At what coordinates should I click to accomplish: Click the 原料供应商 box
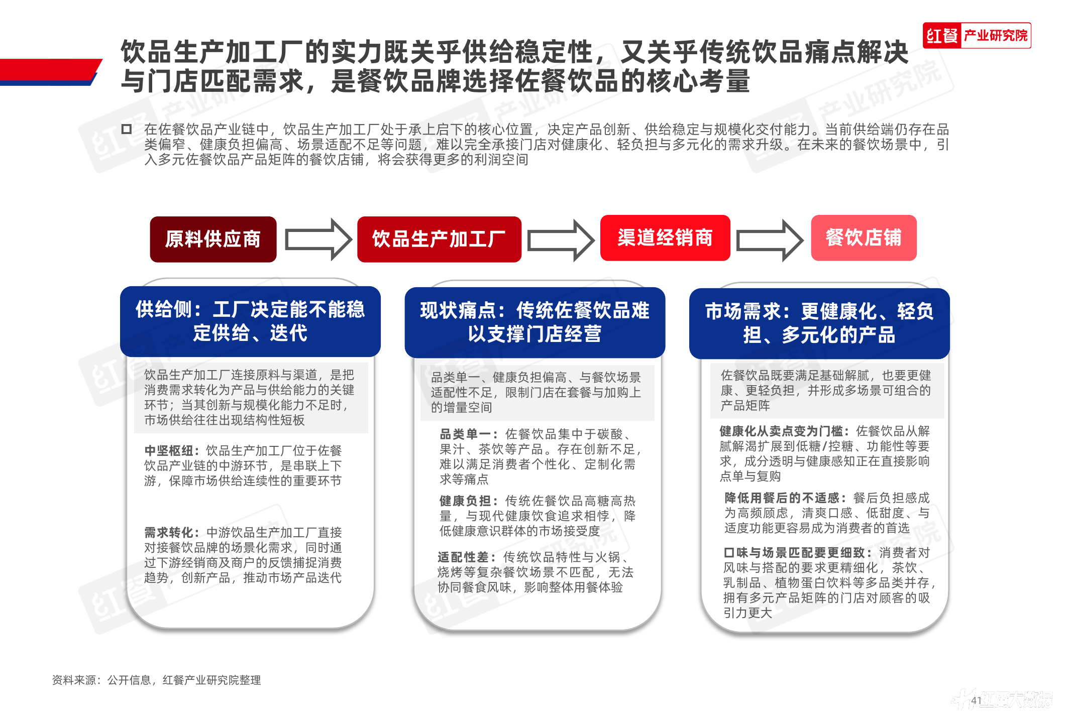pos(213,239)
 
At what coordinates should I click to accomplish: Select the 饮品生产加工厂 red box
pos(439,239)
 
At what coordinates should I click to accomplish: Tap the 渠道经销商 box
pos(665,238)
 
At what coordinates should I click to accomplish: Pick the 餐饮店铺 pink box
pos(863,238)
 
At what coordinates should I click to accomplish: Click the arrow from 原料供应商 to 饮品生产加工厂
pos(318,240)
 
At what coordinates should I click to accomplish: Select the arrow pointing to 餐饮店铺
pos(769,240)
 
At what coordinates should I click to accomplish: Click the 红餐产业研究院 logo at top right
pos(977,36)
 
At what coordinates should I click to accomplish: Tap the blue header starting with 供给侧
pos(250,321)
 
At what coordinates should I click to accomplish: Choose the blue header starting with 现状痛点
pos(535,322)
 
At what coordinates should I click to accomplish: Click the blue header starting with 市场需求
pos(819,323)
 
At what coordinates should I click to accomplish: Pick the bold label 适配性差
pos(467,557)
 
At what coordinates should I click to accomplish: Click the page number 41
pos(976,700)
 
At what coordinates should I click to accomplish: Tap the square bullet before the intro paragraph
pos(127,129)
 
